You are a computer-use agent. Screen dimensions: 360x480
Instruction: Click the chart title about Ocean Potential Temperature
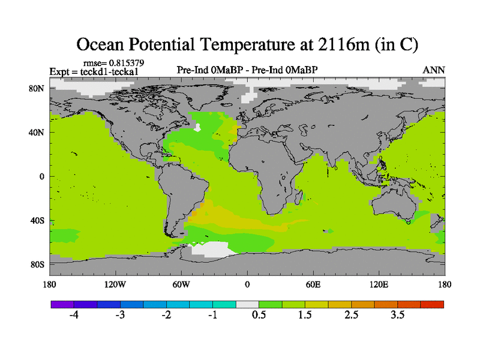pos(247,44)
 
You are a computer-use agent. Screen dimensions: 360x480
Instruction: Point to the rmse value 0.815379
pos(113,62)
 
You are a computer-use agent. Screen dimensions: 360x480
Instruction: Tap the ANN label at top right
pos(434,70)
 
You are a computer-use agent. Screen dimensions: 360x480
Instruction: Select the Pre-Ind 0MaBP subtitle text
pos(247,70)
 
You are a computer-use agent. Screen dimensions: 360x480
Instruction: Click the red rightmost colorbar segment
pos(433,304)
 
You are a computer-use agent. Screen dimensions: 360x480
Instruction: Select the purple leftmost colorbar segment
pos(62,304)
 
